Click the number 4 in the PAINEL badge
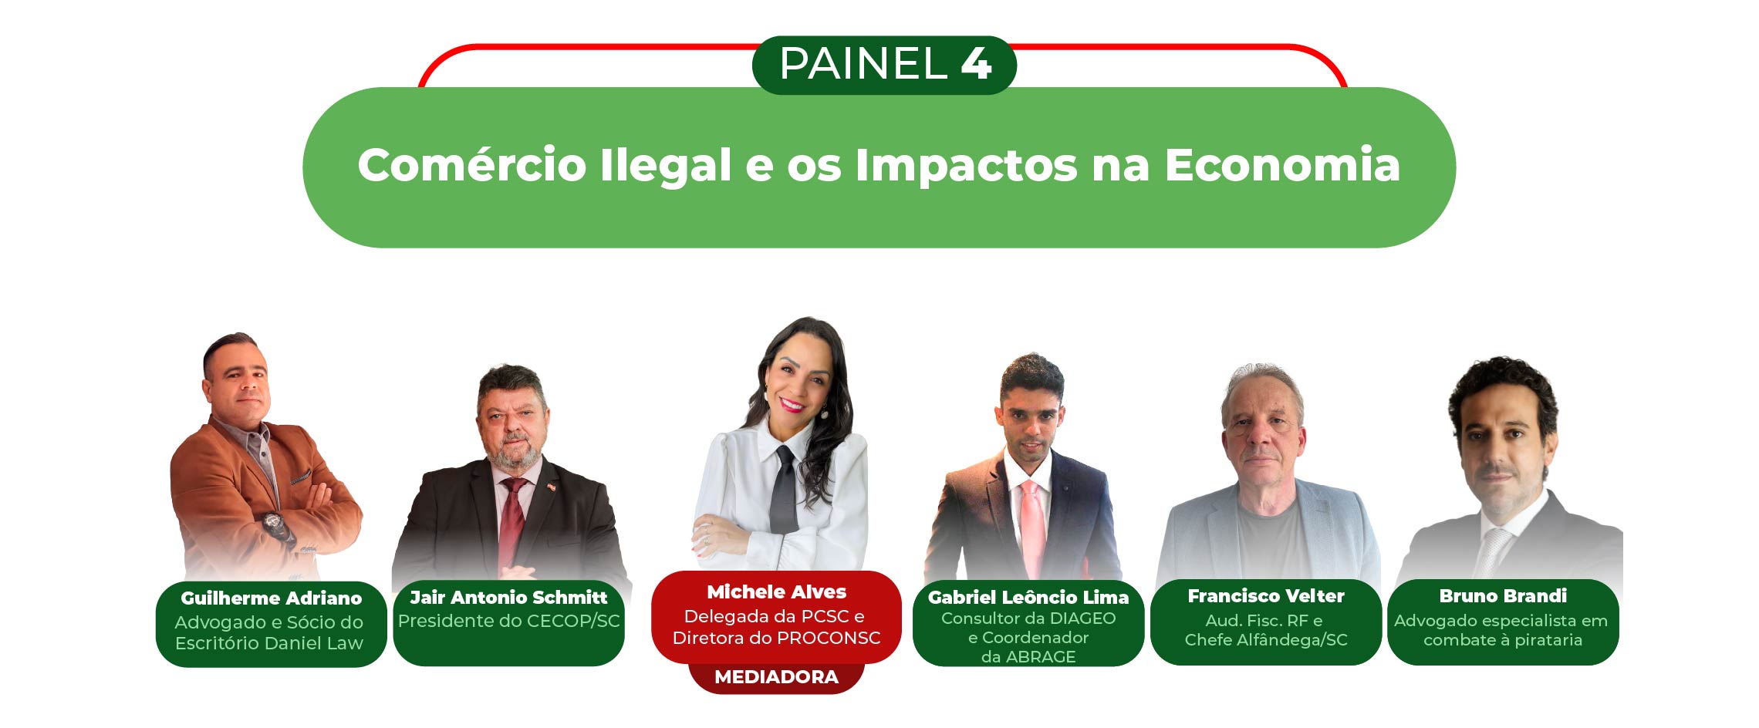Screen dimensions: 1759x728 click(976, 63)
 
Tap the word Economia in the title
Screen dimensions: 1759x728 click(1282, 164)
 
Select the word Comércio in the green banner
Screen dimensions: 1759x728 click(472, 164)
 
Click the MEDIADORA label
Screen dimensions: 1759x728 click(776, 677)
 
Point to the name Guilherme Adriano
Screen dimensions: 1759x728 click(271, 598)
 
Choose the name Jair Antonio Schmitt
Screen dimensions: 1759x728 click(508, 598)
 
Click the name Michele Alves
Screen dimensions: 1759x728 click(776, 592)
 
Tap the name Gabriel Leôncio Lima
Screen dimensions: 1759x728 click(1028, 597)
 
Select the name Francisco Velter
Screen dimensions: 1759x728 click(1265, 596)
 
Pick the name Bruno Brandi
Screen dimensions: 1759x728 click(1502, 596)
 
